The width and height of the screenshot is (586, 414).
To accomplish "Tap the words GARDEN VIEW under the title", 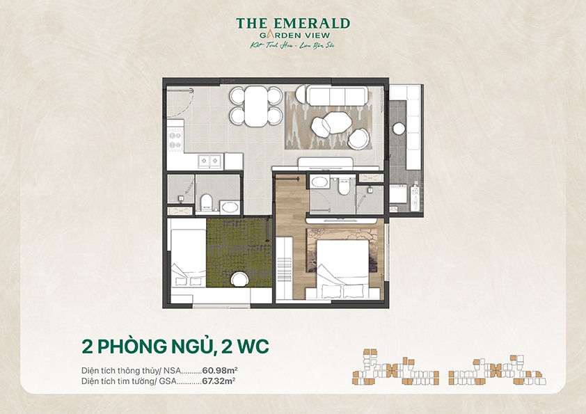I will [293, 35].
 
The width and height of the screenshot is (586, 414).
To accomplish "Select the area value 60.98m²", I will [219, 370].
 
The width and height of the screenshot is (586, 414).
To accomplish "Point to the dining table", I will [256, 106].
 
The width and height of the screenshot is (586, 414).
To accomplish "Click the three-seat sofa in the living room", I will [332, 95].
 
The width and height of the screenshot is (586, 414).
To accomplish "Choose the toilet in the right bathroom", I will [342, 186].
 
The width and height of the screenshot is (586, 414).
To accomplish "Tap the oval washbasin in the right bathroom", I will [320, 183].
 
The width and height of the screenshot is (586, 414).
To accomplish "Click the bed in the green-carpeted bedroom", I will [188, 259].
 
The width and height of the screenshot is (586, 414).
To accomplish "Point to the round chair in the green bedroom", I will [239, 278].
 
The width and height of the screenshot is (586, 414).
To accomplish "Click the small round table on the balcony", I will [399, 128].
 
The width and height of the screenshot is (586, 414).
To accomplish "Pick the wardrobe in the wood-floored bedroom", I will [284, 268].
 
